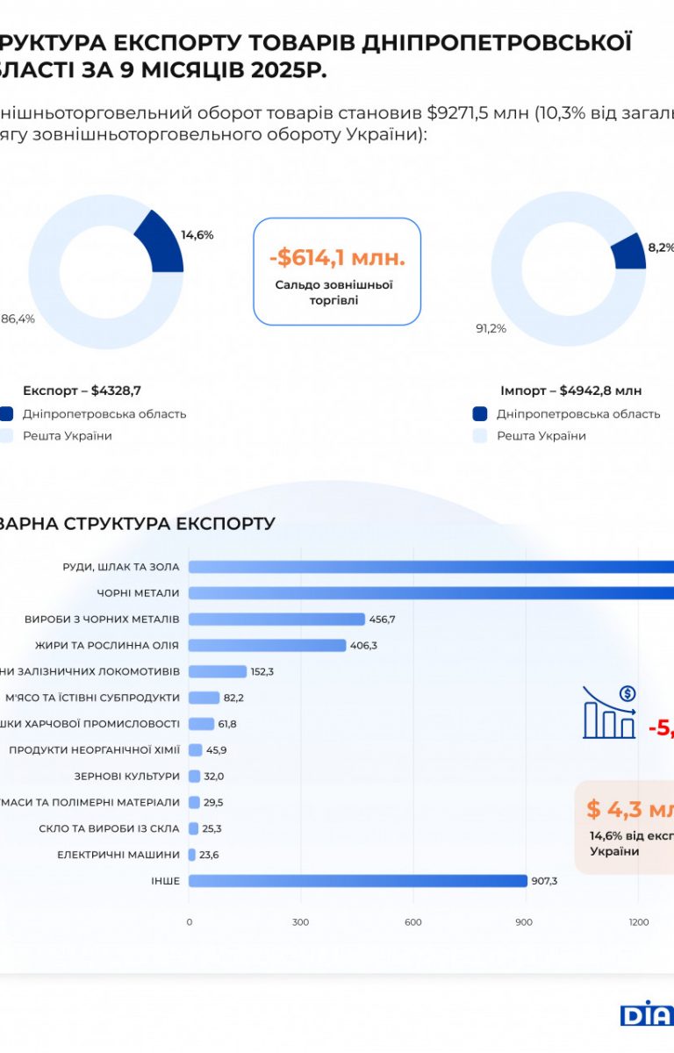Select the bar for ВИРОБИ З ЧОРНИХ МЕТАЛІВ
click(x=276, y=620)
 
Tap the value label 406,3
click(x=364, y=645)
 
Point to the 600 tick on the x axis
click(x=413, y=922)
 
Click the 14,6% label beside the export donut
click(x=197, y=235)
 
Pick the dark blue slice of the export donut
click(x=161, y=242)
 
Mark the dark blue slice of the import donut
click(x=629, y=252)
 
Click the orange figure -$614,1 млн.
click(x=337, y=258)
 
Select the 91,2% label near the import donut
click(x=491, y=329)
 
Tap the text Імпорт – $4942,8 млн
click(x=570, y=390)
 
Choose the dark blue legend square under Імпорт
click(x=480, y=414)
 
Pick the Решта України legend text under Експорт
click(x=68, y=436)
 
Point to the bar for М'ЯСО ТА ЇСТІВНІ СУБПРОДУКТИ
click(x=204, y=698)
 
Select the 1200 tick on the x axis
click(x=639, y=922)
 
